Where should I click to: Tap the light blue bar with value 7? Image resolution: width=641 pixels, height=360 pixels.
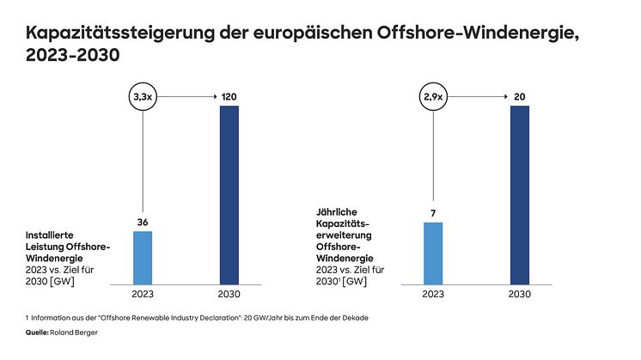pyautogui.click(x=433, y=253)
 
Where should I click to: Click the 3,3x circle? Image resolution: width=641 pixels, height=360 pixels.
pyautogui.click(x=143, y=98)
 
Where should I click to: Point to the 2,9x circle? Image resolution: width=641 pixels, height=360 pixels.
pyautogui.click(x=433, y=98)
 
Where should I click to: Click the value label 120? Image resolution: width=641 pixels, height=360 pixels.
pyautogui.click(x=229, y=98)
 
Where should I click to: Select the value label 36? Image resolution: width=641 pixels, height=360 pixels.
pyautogui.click(x=143, y=223)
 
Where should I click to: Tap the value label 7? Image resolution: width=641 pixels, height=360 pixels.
pyautogui.click(x=433, y=213)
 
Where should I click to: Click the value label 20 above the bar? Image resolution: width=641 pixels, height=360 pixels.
pyautogui.click(x=520, y=98)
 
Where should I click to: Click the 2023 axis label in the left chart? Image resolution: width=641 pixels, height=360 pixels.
pyautogui.click(x=143, y=294)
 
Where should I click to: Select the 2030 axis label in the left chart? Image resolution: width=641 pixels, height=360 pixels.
pyautogui.click(x=229, y=294)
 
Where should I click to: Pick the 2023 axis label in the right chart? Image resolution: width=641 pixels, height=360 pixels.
pyautogui.click(x=433, y=294)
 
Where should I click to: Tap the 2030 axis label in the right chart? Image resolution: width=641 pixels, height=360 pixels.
pyautogui.click(x=520, y=294)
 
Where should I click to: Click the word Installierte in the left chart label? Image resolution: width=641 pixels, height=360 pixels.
pyautogui.click(x=52, y=234)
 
